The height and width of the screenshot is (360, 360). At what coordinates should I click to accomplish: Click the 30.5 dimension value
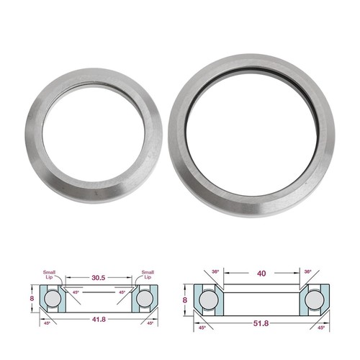99,278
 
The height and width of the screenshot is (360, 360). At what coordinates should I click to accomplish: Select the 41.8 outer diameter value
99,320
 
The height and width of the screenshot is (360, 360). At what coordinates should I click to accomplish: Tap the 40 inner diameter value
261,274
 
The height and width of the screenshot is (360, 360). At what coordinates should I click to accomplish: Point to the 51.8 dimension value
261,323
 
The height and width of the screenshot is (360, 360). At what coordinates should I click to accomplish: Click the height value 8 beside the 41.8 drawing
32,298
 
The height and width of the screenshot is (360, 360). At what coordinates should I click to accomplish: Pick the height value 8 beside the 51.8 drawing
185,300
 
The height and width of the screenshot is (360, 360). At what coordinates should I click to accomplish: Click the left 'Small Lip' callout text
49,274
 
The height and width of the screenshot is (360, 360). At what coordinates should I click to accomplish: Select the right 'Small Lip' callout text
148,274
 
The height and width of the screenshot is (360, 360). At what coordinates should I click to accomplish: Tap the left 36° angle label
215,271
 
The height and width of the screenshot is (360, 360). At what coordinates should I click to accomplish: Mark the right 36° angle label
307,271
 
